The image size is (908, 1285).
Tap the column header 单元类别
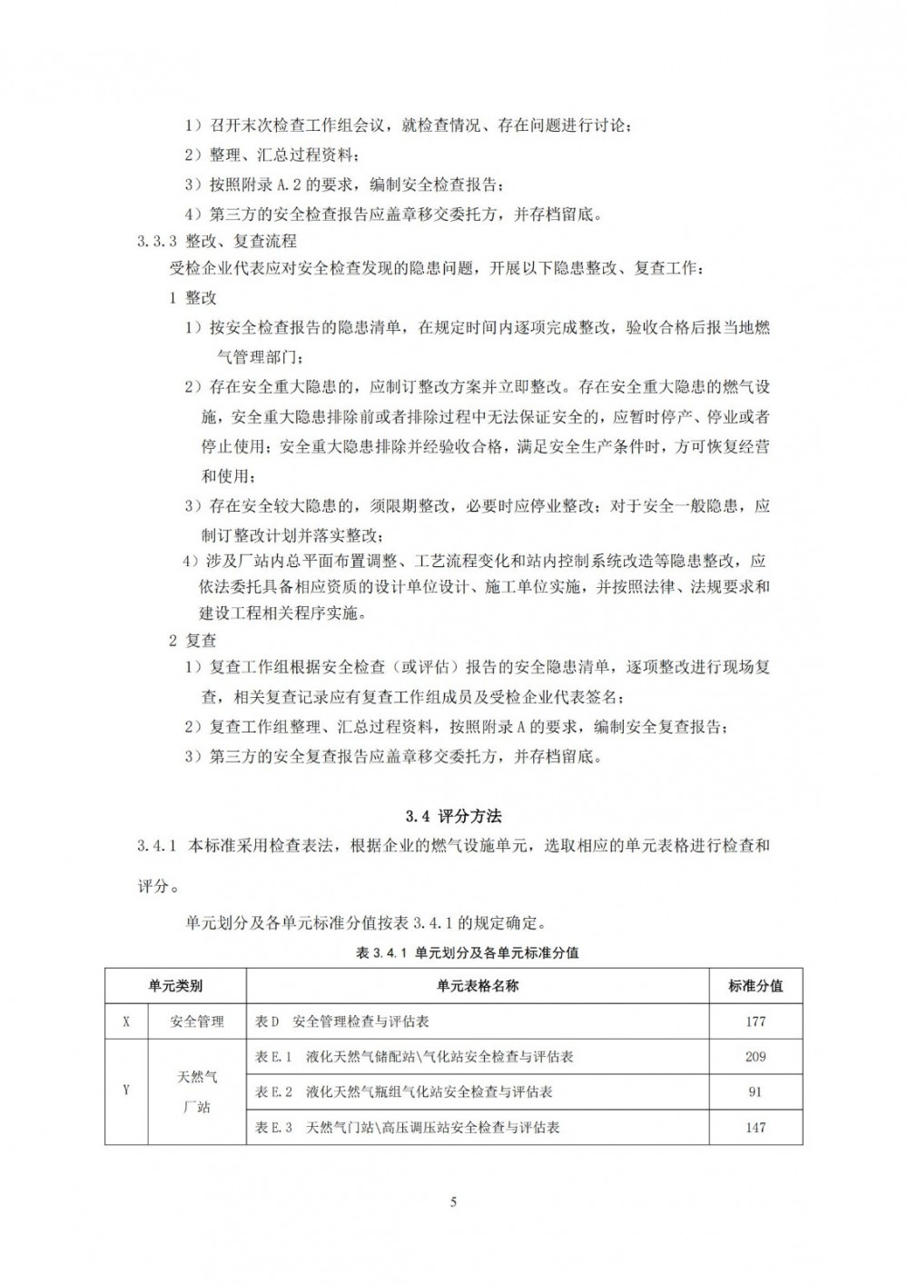pyautogui.click(x=175, y=985)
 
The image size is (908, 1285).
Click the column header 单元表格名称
pyautogui.click(x=478, y=985)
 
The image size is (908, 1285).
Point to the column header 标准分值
pyautogui.click(x=755, y=985)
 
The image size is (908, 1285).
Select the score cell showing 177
pyautogui.click(x=755, y=1021)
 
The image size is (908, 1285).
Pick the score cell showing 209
pyautogui.click(x=755, y=1057)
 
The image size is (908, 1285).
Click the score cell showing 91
pyautogui.click(x=755, y=1091)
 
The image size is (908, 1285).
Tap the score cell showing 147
pyautogui.click(x=755, y=1127)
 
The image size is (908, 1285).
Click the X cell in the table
pyautogui.click(x=125, y=1021)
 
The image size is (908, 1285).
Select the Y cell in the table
pyautogui.click(x=125, y=1091)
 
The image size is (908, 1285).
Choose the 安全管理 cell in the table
pyautogui.click(x=197, y=1021)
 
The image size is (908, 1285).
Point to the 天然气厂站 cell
pyautogui.click(x=197, y=1091)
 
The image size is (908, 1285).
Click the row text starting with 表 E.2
pyautogui.click(x=404, y=1091)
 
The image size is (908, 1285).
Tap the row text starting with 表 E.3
pyautogui.click(x=408, y=1127)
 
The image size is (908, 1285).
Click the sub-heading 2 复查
pyautogui.click(x=192, y=640)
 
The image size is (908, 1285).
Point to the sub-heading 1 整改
pyautogui.click(x=192, y=297)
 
